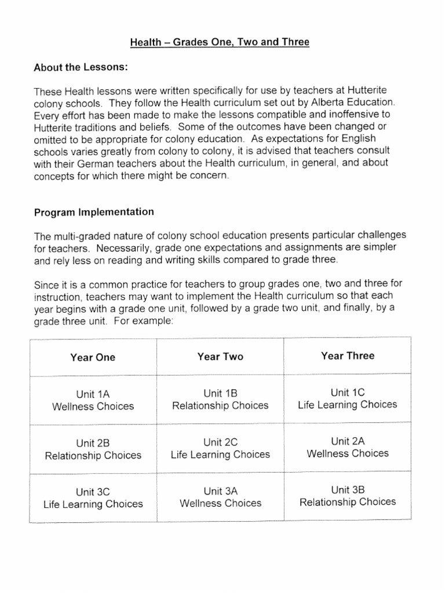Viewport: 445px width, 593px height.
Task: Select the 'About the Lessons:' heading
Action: pos(80,67)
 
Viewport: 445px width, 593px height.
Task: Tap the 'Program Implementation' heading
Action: pos(94,212)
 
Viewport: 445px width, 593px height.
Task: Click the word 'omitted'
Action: pos(52,140)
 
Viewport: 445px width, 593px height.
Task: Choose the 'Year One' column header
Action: pos(93,357)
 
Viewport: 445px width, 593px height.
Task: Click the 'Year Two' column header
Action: pos(220,357)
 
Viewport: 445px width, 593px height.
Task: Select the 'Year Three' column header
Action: pos(348,356)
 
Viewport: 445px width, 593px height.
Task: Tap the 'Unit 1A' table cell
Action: pos(93,400)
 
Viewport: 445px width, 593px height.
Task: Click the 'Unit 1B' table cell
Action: pos(220,399)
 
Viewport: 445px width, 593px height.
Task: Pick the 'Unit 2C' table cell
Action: pos(220,448)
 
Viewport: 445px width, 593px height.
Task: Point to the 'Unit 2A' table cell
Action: pos(348,447)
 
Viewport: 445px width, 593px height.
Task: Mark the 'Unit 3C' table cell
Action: pos(93,498)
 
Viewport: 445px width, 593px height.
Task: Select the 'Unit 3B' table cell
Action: pos(348,496)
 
